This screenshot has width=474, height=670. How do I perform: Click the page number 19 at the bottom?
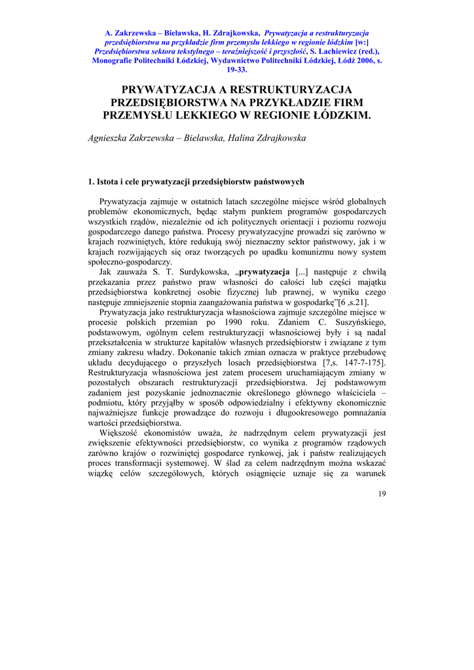(x=382, y=493)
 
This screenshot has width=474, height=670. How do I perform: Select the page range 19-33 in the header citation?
(x=236, y=69)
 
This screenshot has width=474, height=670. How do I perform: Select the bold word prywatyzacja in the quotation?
(x=265, y=272)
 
